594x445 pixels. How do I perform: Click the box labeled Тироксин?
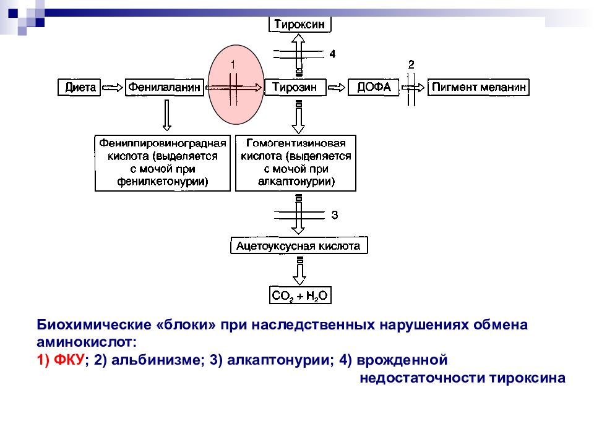299,25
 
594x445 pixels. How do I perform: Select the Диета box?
79,87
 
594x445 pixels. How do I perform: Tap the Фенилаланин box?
165,87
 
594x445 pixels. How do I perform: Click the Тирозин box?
295,87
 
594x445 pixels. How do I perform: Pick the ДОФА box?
374,87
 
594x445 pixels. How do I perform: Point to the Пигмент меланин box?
478,87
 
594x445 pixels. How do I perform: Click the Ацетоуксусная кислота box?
299,245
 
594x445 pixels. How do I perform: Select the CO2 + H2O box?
300,295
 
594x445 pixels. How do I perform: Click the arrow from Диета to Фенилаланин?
113,88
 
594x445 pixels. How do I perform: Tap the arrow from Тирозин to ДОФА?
337,88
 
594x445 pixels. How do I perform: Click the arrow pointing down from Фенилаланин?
166,116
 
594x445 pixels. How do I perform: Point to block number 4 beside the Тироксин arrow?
332,54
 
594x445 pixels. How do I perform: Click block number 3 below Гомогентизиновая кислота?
335,215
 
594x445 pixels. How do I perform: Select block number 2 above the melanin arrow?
411,65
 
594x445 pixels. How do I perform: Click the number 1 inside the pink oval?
233,64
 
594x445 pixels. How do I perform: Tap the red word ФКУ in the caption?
69,360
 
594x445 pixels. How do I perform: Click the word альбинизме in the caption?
155,360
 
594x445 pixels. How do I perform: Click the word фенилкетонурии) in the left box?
163,182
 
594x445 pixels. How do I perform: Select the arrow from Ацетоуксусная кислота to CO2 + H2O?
299,271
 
